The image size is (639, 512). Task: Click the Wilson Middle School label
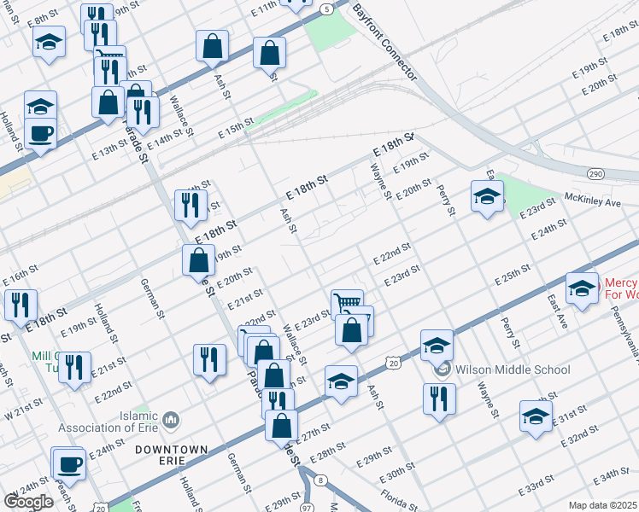pos(513,369)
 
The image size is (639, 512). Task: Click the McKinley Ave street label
pos(592,203)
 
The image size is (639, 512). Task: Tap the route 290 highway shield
pos(595,173)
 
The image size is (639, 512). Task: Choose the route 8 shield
pos(319,481)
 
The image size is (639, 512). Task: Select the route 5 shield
pos(327,9)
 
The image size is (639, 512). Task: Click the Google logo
pos(28,501)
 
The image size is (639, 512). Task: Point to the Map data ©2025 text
pos(602,505)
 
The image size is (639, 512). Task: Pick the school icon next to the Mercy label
pos(582,288)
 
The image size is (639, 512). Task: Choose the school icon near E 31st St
pos(536,416)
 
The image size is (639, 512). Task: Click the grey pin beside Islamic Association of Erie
pos(170,419)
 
